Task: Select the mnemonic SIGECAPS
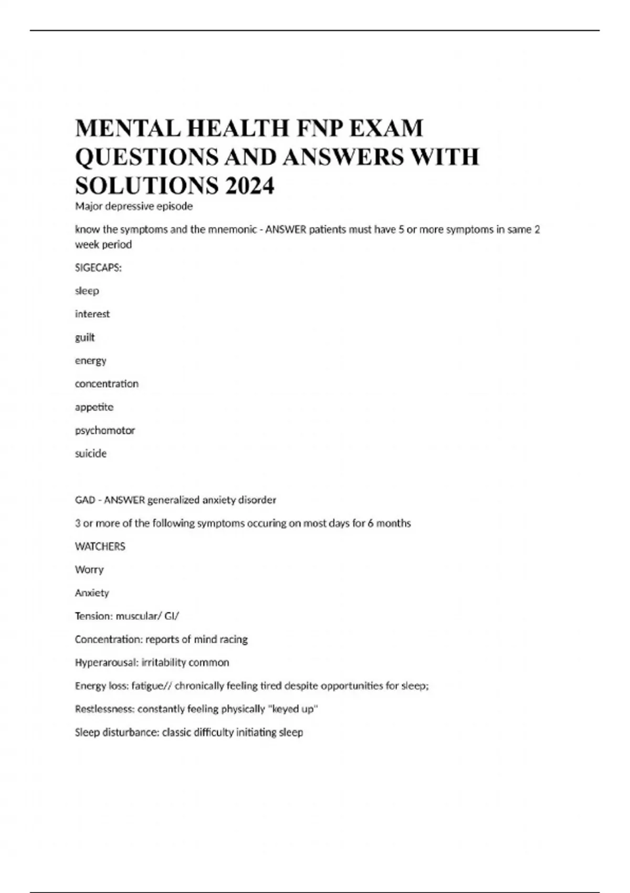pyautogui.click(x=98, y=267)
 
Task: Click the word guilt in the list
pyautogui.click(x=85, y=337)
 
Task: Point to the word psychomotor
pyautogui.click(x=105, y=430)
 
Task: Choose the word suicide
pyautogui.click(x=91, y=453)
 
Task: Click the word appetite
pyautogui.click(x=94, y=407)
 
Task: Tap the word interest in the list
pyautogui.click(x=92, y=314)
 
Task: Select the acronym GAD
pyautogui.click(x=85, y=500)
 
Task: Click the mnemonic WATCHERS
pyautogui.click(x=100, y=546)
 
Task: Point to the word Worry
pyautogui.click(x=89, y=569)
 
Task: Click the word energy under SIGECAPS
pyautogui.click(x=91, y=361)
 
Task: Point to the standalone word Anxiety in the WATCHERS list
pyautogui.click(x=92, y=593)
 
